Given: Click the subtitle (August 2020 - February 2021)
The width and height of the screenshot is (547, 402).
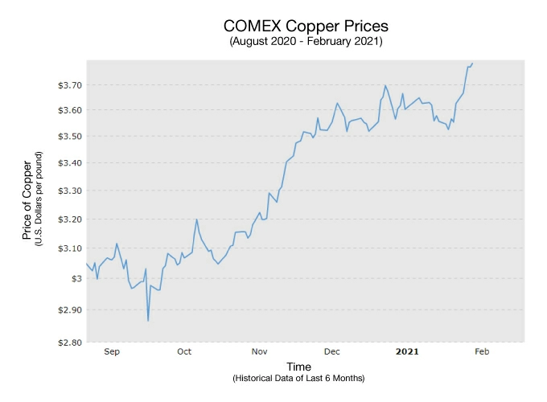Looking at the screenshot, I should (x=306, y=41).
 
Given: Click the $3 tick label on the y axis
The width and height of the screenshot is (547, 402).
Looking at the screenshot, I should (x=74, y=278).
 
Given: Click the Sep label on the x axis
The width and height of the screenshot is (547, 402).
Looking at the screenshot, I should (x=112, y=351).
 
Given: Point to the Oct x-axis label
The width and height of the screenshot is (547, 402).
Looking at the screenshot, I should (x=184, y=351).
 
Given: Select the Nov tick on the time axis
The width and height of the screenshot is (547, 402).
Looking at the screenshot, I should (x=259, y=351).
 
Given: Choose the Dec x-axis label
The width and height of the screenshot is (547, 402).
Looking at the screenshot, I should (x=331, y=351).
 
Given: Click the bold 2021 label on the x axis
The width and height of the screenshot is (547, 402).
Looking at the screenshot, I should (x=407, y=351).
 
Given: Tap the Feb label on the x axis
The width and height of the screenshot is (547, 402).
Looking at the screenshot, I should (x=481, y=351).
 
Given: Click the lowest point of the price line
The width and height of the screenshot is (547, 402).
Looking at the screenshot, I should (x=148, y=321).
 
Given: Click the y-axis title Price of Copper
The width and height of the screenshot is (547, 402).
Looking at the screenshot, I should (x=27, y=201).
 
